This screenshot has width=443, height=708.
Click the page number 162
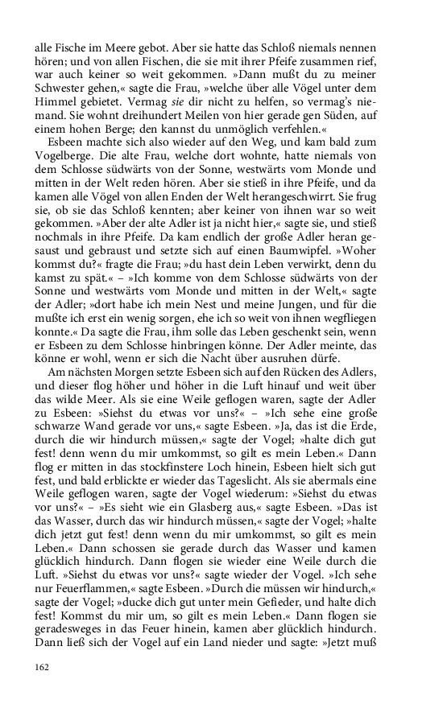click(x=43, y=666)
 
